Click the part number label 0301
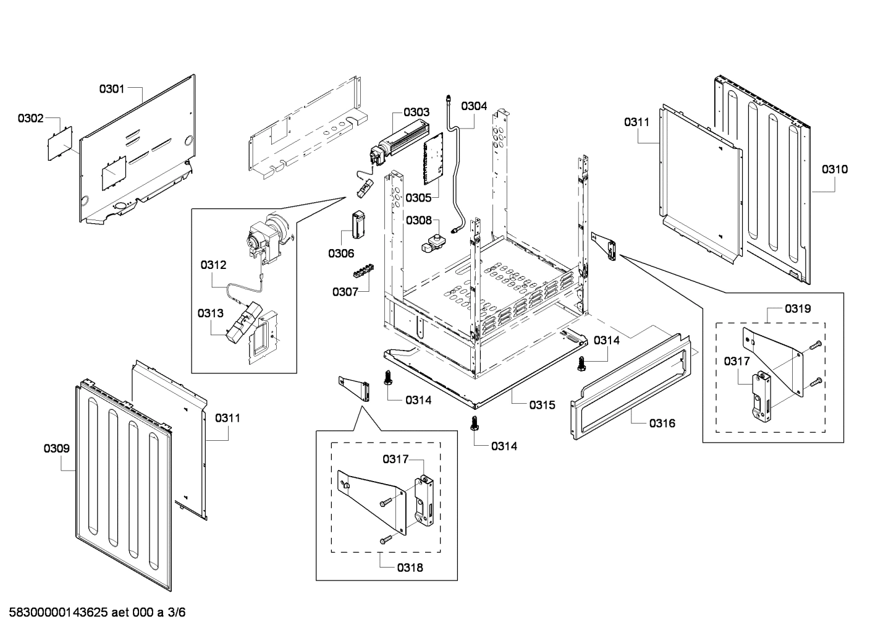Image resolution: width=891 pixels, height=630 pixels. point(112,89)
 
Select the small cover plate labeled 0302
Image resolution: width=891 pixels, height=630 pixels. point(61,142)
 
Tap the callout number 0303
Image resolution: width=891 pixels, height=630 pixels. point(416,113)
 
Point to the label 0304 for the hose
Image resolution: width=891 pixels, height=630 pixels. point(474,106)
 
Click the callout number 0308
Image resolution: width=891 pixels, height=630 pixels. point(418,220)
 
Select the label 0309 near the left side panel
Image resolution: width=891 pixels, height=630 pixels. point(56,449)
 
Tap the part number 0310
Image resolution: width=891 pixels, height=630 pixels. point(834,169)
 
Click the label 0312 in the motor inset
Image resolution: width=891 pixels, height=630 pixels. point(213,265)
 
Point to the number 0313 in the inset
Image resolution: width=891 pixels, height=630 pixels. point(211,313)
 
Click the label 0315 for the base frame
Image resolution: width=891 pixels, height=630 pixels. point(542,406)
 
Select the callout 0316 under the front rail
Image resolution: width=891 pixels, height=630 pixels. point(662,424)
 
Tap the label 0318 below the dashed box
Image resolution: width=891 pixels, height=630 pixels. point(410,567)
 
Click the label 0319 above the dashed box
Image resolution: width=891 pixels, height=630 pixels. point(798,309)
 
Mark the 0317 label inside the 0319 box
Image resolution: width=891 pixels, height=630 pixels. point(737,362)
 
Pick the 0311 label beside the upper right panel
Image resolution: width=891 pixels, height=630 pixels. point(636,122)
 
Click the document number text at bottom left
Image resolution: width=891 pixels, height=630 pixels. point(93,613)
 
